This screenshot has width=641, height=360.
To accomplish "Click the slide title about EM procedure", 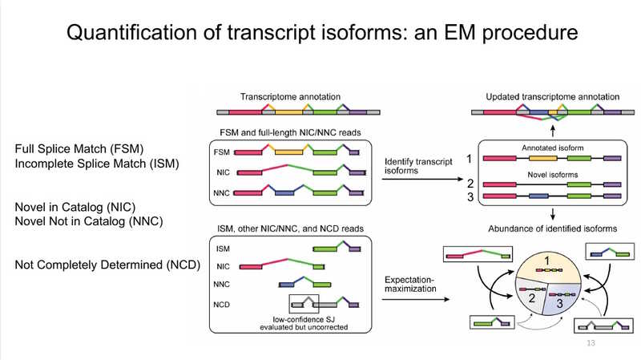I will point(320,34).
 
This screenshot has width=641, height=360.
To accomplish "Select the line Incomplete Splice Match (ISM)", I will point(96,164).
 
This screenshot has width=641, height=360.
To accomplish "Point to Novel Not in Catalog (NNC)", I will point(89,220).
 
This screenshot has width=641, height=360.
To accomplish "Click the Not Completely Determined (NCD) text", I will point(107,264).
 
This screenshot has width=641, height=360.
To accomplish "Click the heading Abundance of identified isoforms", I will point(552,229).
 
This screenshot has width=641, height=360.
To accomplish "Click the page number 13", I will point(592,343).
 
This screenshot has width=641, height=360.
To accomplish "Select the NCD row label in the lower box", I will point(225,303).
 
